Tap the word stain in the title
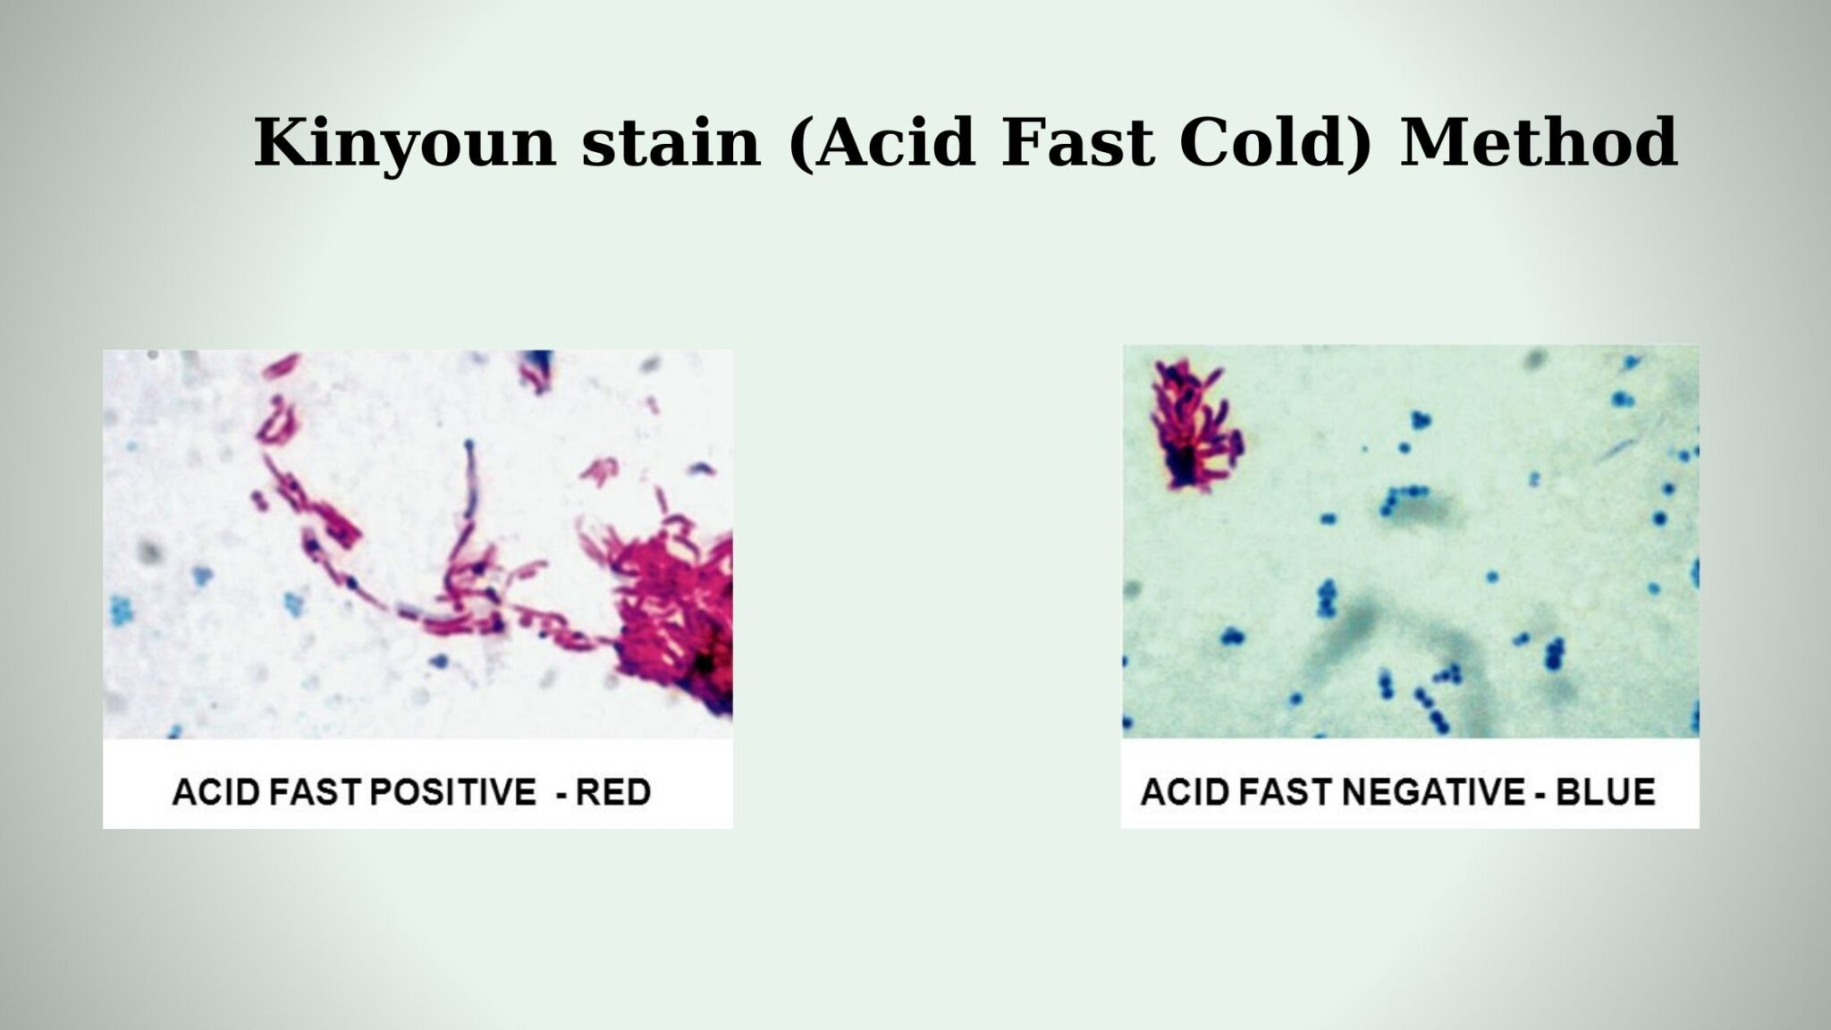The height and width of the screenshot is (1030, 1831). pyautogui.click(x=671, y=143)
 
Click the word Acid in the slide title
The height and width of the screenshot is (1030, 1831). pyautogui.click(x=894, y=143)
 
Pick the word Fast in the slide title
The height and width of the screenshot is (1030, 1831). pyautogui.click(x=1077, y=143)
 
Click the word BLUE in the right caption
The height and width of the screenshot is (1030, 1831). pyautogui.click(x=1606, y=792)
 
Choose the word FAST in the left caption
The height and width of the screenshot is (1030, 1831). pyautogui.click(x=305, y=792)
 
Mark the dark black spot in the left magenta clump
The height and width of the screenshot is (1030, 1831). pyautogui.click(x=705, y=663)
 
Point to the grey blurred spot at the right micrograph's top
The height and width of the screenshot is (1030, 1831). pyautogui.click(x=1536, y=359)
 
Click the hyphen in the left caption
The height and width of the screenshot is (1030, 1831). pyautogui.click(x=561, y=794)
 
